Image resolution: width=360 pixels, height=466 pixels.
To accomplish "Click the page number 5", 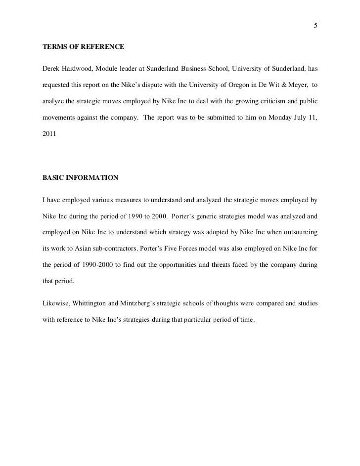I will click(315, 26).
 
